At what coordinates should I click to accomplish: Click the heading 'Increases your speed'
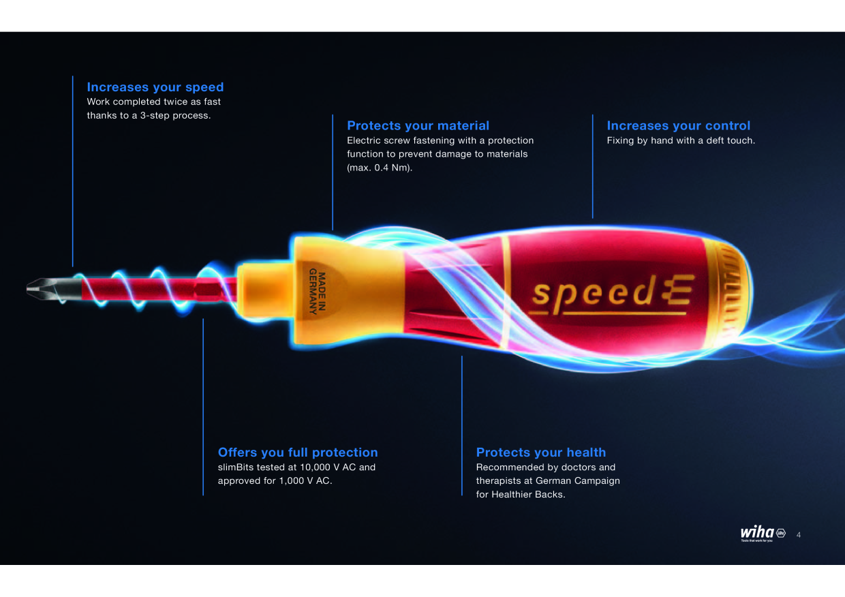coord(155,87)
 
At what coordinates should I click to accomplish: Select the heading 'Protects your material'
coord(418,125)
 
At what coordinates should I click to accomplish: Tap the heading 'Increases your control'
coord(678,125)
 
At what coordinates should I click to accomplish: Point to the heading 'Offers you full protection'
coord(298,452)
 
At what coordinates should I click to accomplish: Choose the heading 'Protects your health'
coord(541,452)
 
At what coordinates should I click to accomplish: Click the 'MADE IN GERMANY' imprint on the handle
coord(318,291)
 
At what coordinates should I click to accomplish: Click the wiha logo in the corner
coord(763,533)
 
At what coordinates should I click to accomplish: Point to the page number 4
coord(799,535)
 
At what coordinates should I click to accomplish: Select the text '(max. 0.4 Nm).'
coord(380,168)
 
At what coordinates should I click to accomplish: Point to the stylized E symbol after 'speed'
coord(677,290)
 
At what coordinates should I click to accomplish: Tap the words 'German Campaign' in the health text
coord(578,481)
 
